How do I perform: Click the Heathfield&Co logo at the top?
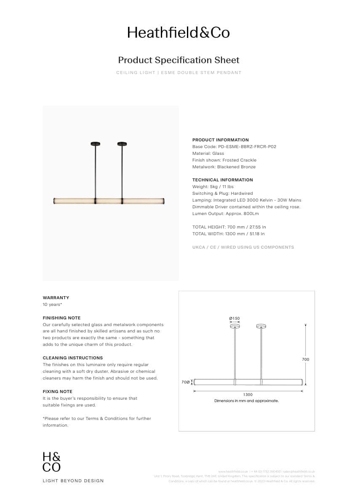coord(179,32)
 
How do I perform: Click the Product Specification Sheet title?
coord(179,60)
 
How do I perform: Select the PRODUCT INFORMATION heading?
coord(220,140)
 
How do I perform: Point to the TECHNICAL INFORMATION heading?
coord(222,180)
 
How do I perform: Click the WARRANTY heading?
coord(56,298)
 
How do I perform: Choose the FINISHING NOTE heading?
coord(61,318)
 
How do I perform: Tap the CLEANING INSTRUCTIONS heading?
coord(72,358)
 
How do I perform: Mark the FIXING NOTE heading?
coord(57,392)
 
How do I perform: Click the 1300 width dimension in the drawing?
coord(248,395)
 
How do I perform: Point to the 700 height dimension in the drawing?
coord(305,359)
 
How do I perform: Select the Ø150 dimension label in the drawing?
coord(234,319)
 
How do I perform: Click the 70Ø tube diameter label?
coord(185,382)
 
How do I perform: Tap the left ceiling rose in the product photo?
coord(95,144)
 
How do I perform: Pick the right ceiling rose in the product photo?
coord(122,144)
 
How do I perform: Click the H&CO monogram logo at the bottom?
coord(51,462)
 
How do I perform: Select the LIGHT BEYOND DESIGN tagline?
coord(73,481)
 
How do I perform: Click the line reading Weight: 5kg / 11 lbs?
coord(213,187)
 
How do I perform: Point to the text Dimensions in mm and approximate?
coord(246,401)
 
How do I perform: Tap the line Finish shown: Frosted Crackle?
coord(224,160)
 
